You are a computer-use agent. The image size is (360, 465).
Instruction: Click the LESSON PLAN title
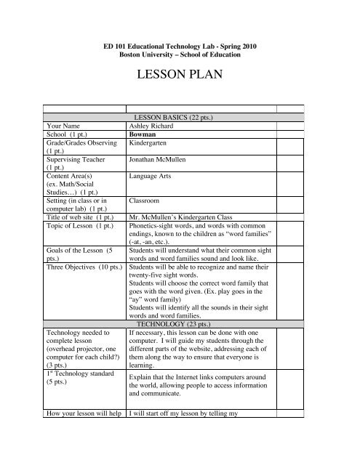point(180,76)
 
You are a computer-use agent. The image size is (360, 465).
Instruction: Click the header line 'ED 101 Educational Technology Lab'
point(180,45)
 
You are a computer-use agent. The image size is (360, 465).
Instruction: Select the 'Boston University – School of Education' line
point(180,54)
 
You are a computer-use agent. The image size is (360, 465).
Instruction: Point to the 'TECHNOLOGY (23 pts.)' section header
point(180,344)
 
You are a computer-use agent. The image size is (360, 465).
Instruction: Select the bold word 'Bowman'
point(143,134)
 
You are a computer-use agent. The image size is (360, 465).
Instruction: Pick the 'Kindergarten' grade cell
point(151,143)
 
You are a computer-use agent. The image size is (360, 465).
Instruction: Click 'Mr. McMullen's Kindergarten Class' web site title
point(182,217)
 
